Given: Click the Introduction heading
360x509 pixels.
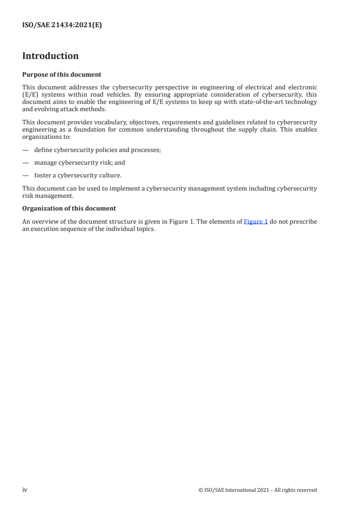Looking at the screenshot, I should coord(50,56).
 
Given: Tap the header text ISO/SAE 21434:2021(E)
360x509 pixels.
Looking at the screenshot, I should coord(62,25).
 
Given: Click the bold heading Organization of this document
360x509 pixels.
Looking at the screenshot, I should coord(69,208).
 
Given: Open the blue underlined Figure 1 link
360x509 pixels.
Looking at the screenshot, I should coord(256,222).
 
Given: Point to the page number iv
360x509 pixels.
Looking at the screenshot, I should coord(25,489).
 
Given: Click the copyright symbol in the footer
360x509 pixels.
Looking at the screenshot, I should coord(201,490).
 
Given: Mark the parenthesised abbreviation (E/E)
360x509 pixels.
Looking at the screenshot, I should coord(30,94).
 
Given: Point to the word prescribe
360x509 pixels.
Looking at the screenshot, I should coord(304,222).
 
